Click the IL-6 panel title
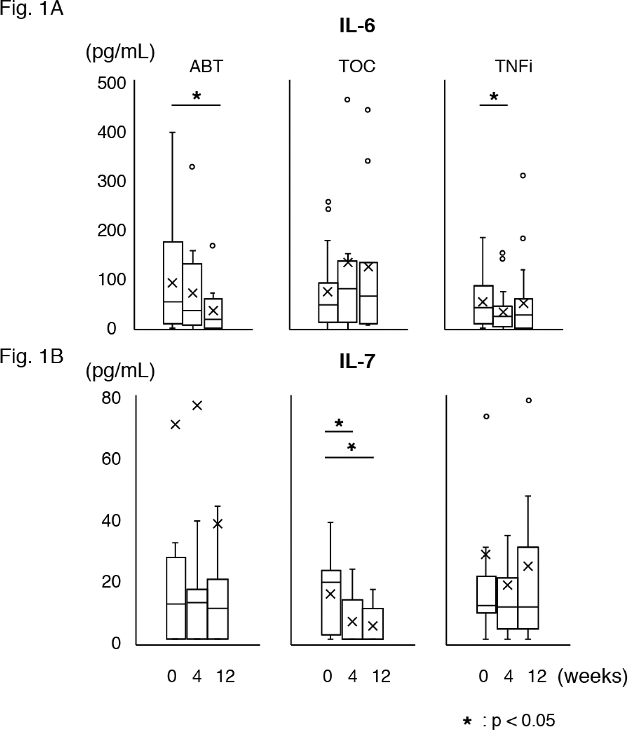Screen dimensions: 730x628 [x=357, y=26]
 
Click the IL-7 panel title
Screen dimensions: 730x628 [x=357, y=362]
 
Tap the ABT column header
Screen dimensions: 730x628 [x=206, y=67]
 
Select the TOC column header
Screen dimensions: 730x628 [x=357, y=67]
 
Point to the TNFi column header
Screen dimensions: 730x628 [x=513, y=67]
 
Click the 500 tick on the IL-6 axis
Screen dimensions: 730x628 [x=112, y=83]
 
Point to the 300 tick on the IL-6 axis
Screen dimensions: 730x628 [x=112, y=182]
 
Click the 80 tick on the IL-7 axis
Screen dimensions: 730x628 [x=111, y=398]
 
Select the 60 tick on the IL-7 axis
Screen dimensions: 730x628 [x=111, y=459]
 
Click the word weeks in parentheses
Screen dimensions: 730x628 [x=592, y=676]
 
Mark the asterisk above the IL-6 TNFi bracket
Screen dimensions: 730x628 [x=494, y=97]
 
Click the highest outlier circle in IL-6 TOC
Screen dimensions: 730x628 [x=347, y=99]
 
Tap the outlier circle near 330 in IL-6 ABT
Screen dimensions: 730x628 [x=192, y=167]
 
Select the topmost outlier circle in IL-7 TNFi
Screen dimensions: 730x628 [x=529, y=400]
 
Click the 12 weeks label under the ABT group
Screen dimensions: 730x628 [x=225, y=676]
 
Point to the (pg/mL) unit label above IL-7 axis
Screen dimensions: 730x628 [x=120, y=372]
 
